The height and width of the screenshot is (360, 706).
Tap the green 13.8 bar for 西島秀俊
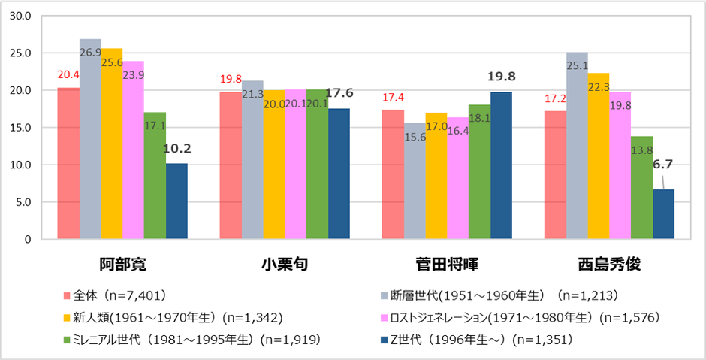coord(641,188)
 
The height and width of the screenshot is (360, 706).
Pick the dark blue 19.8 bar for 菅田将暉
coord(501,165)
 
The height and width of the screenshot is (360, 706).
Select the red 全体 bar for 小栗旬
coord(230,165)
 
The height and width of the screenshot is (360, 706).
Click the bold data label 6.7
coord(664,165)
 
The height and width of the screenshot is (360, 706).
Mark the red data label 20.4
coord(68,74)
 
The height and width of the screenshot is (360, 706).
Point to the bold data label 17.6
coord(339,93)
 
